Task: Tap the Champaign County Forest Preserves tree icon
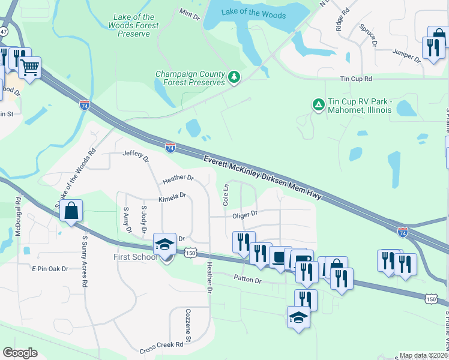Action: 234,77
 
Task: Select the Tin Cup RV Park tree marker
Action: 317,105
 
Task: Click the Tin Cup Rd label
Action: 356,79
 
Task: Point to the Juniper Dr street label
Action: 406,56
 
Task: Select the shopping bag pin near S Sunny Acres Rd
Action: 71,211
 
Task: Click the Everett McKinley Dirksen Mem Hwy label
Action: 263,178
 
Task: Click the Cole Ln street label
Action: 226,195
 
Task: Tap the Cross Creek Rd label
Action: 161,345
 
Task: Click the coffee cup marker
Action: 280,257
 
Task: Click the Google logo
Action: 20,353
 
